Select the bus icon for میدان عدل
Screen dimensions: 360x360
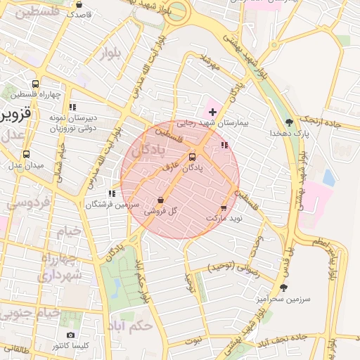point(27,154)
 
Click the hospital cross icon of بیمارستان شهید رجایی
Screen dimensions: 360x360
point(212,112)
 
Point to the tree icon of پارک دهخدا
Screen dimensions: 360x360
point(289,122)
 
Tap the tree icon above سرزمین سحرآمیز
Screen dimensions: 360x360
point(284,288)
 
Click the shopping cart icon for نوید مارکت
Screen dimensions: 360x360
point(224,208)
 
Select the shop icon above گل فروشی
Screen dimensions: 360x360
point(162,200)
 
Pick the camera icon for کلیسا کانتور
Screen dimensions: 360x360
point(70,335)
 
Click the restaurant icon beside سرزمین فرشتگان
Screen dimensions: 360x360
point(111,193)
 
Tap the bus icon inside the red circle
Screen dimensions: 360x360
point(193,157)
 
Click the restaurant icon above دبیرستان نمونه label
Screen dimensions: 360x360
point(72,108)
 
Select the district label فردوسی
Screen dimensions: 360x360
point(26,203)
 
